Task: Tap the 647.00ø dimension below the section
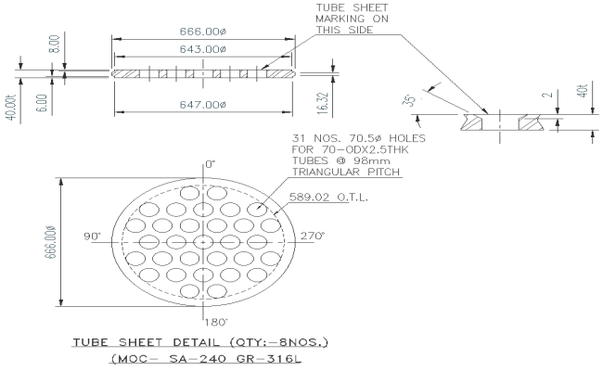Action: click(203, 105)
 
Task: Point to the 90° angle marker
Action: click(92, 237)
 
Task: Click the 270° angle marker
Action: click(312, 237)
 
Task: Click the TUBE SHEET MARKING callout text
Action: click(348, 18)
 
